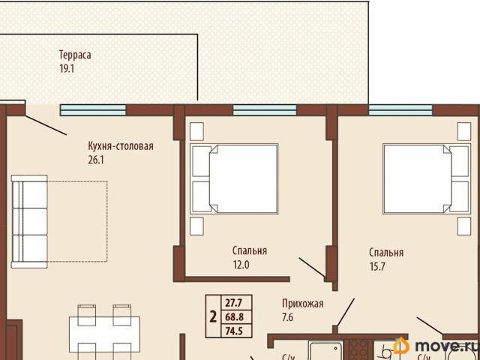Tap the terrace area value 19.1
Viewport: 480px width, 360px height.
coord(67,68)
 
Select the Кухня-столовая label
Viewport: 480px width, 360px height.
coord(120,146)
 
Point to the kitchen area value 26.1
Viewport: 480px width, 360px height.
coord(97,160)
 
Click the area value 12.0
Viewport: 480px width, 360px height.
coord(241,264)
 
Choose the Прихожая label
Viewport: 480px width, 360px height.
coord(302,304)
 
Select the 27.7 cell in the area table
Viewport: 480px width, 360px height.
coord(233,303)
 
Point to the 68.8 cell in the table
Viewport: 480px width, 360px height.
coord(233,316)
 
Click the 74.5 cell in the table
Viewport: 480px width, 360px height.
coord(233,330)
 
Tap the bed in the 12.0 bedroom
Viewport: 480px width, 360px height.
coord(234,178)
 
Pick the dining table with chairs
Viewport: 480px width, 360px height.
coord(104,330)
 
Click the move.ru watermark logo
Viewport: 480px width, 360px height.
coord(435,346)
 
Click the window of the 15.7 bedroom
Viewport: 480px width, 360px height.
coord(401,109)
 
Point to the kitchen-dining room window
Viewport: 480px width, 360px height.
coord(93,109)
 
